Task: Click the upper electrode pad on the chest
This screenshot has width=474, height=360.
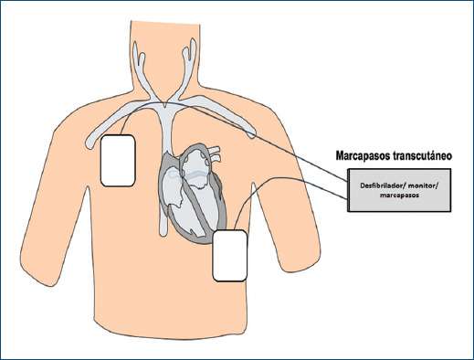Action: pyautogui.click(x=117, y=160)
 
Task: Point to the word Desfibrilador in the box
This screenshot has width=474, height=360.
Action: pyautogui.click(x=377, y=187)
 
